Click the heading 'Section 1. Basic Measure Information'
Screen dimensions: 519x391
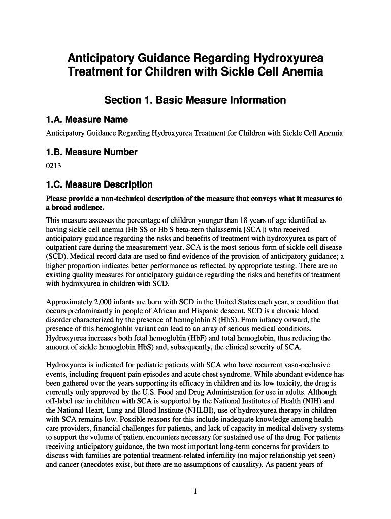(195, 100)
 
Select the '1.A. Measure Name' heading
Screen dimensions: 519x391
(87, 120)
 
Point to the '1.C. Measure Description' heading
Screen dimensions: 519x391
(99, 184)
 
